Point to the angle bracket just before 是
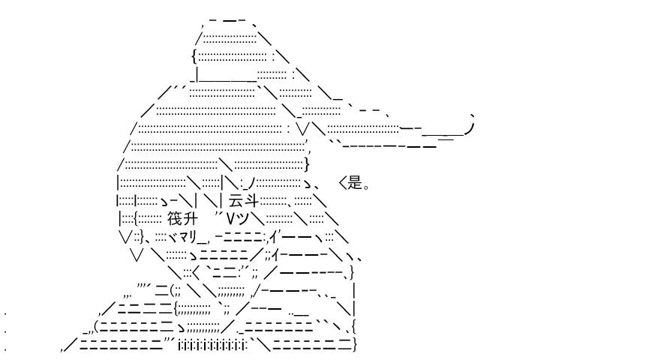tap(342, 182)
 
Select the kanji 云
tap(236, 202)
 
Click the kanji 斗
tap(251, 202)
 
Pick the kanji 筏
tap(175, 219)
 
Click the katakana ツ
tap(242, 219)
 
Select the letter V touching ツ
tap(230, 219)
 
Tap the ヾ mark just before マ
tap(172, 237)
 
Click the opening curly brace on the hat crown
tap(194, 55)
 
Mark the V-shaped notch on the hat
tap(303, 129)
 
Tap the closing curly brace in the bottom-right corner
tap(355, 344)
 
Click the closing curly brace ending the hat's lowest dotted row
tap(307, 164)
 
